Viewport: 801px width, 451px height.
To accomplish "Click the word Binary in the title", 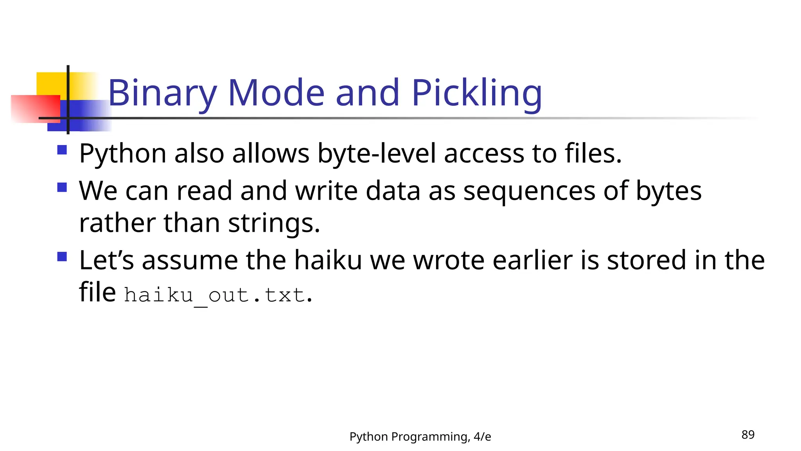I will pyautogui.click(x=162, y=93).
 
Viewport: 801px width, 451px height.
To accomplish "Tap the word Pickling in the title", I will pyautogui.click(x=476, y=93).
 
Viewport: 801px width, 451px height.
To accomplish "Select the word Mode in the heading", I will pyautogui.click(x=276, y=93).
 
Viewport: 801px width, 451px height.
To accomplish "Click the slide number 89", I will pyautogui.click(x=748, y=435).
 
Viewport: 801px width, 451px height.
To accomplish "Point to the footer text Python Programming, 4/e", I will pyautogui.click(x=420, y=437).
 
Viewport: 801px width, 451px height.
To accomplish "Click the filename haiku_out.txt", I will pyautogui.click(x=214, y=295).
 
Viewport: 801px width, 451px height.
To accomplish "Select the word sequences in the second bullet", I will pyautogui.click(x=529, y=191).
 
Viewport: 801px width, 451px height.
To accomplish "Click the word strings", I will pyautogui.click(x=274, y=223).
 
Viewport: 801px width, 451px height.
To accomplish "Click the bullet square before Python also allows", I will pyautogui.click(x=62, y=150).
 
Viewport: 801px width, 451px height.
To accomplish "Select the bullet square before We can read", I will pyautogui.click(x=62, y=187).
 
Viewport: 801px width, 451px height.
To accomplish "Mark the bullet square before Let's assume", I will pyautogui.click(x=62, y=256).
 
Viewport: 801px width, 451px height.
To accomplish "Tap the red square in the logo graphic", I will pyautogui.click(x=35, y=109).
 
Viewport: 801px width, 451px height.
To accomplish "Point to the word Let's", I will pyautogui.click(x=106, y=260).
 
